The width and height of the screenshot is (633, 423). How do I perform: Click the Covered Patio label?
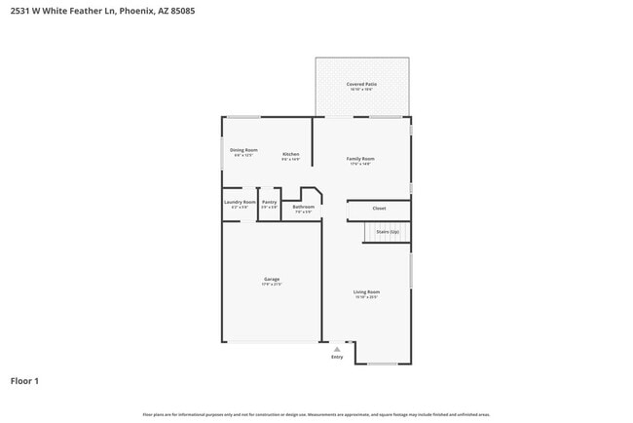(361, 85)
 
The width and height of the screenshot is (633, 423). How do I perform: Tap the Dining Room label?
(243, 150)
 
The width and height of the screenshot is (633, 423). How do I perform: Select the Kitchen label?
(290, 154)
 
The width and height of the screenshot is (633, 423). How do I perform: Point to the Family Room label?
(361, 159)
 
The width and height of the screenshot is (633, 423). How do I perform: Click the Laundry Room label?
(240, 202)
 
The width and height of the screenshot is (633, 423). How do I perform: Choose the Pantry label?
(269, 202)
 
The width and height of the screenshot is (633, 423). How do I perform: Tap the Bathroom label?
(303, 206)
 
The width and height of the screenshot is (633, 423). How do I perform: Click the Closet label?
(379, 208)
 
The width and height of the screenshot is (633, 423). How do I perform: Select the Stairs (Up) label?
(388, 232)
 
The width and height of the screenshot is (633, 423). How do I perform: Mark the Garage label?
(272, 280)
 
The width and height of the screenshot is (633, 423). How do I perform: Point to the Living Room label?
(366, 291)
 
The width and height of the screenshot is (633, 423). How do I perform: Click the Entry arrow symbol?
(337, 349)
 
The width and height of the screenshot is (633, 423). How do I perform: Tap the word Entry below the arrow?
(337, 358)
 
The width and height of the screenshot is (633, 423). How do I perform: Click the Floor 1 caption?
(24, 381)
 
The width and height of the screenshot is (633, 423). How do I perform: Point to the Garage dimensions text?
(272, 285)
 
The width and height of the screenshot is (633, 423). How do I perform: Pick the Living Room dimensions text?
(366, 297)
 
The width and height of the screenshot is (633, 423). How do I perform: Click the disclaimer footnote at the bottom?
(316, 415)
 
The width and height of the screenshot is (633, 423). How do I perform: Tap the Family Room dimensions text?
(361, 164)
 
